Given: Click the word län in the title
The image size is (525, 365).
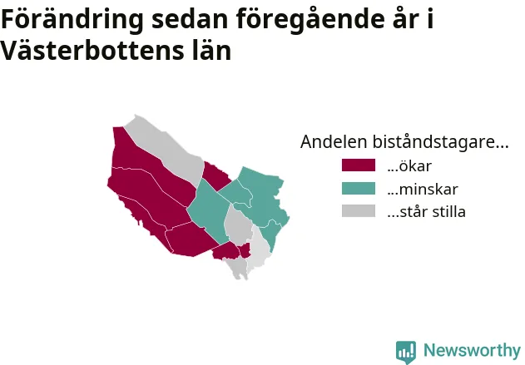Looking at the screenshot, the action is (x=211, y=50).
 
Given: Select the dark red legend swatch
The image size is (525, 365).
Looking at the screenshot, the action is (x=359, y=165).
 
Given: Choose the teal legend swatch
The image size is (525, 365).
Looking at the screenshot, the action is (x=359, y=189).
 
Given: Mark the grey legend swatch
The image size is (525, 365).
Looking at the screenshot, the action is (x=359, y=211).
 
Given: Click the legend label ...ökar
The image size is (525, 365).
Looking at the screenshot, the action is (x=409, y=166).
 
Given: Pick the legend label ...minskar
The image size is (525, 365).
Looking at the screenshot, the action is (x=422, y=189).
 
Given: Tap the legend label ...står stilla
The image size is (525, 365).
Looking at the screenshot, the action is (x=426, y=212).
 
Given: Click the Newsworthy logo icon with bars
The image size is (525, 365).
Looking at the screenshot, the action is (x=406, y=352).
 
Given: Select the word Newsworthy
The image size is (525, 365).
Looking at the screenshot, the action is (x=472, y=350).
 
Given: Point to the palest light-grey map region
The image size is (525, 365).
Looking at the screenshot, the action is (x=259, y=248).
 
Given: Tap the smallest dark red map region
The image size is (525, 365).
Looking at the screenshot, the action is (x=245, y=250).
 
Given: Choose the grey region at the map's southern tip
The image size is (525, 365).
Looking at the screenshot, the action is (x=238, y=268).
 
